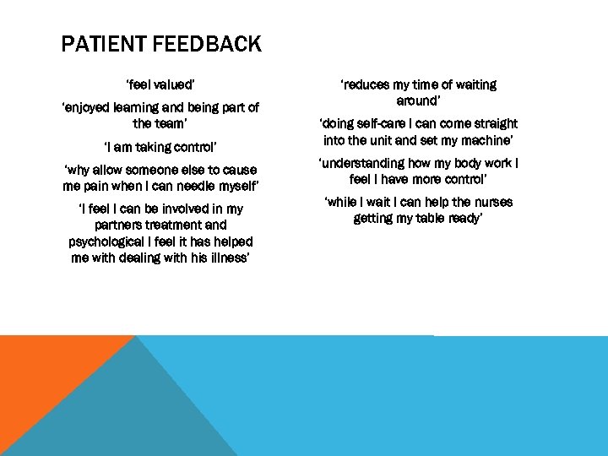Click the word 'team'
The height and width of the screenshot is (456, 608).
tap(169, 123)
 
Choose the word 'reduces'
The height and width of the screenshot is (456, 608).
tap(366, 84)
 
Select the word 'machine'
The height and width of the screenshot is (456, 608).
tap(487, 140)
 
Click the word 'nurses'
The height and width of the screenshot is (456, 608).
tap(489, 202)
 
